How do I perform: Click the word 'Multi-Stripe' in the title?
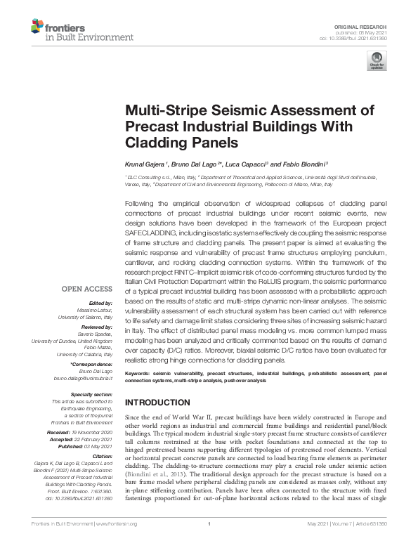tap(164, 110)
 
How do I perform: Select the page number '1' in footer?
tap(209, 543)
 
